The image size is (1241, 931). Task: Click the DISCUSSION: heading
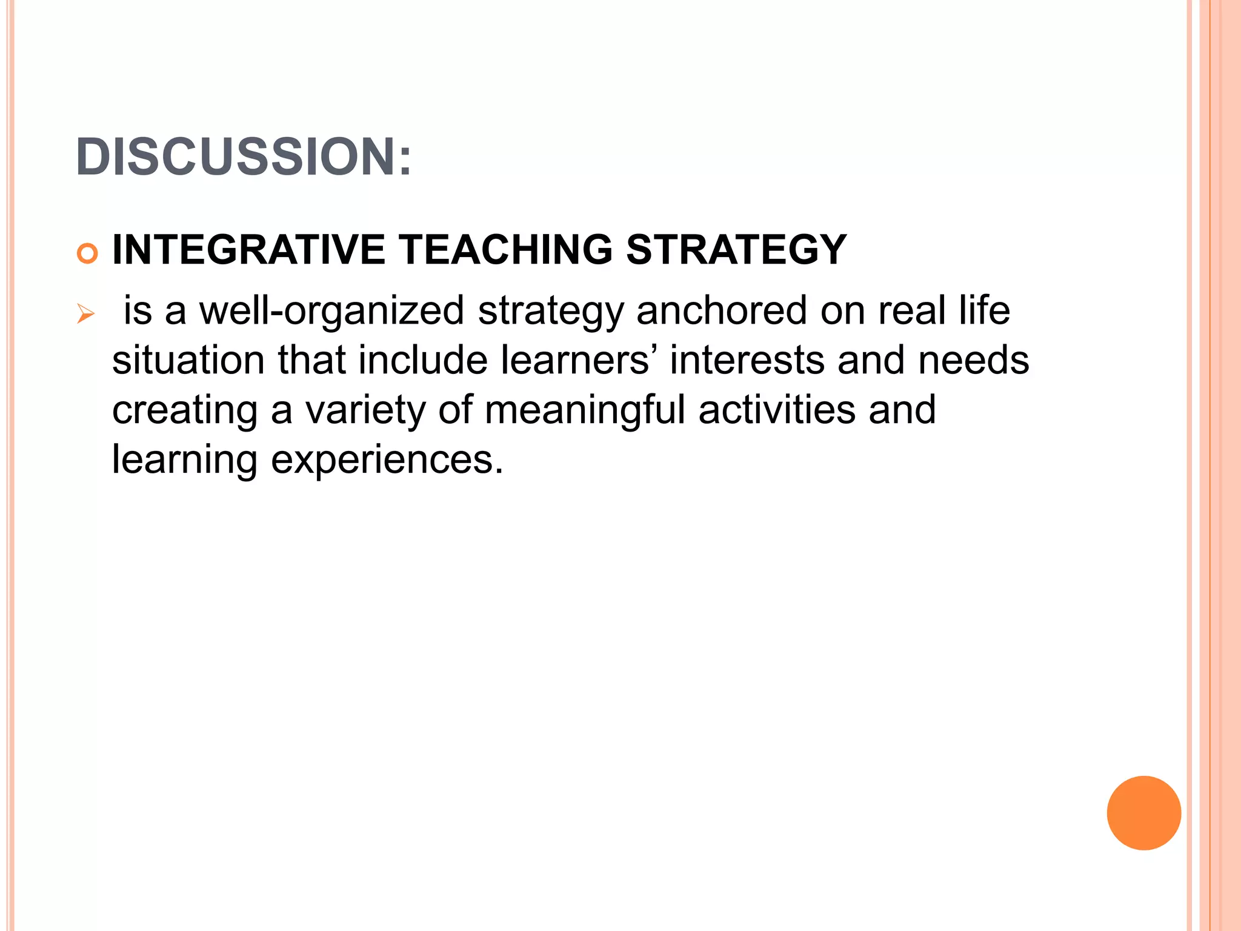click(x=244, y=157)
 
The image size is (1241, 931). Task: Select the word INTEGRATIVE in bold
click(x=248, y=250)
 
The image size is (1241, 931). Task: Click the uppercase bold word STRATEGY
click(x=736, y=250)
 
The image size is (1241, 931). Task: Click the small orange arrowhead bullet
click(x=86, y=315)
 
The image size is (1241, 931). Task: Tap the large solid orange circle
click(x=1143, y=813)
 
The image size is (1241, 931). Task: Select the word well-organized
click(x=332, y=311)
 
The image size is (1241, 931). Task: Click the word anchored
click(x=721, y=311)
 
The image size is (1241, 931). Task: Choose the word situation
click(x=188, y=361)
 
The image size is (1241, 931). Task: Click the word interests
click(x=747, y=361)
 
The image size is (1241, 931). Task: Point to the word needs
click(x=973, y=361)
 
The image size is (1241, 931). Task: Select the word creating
click(x=185, y=411)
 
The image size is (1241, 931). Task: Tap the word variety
click(x=365, y=411)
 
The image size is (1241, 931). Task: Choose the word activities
click(x=777, y=410)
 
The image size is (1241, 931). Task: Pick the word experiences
click(x=387, y=461)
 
